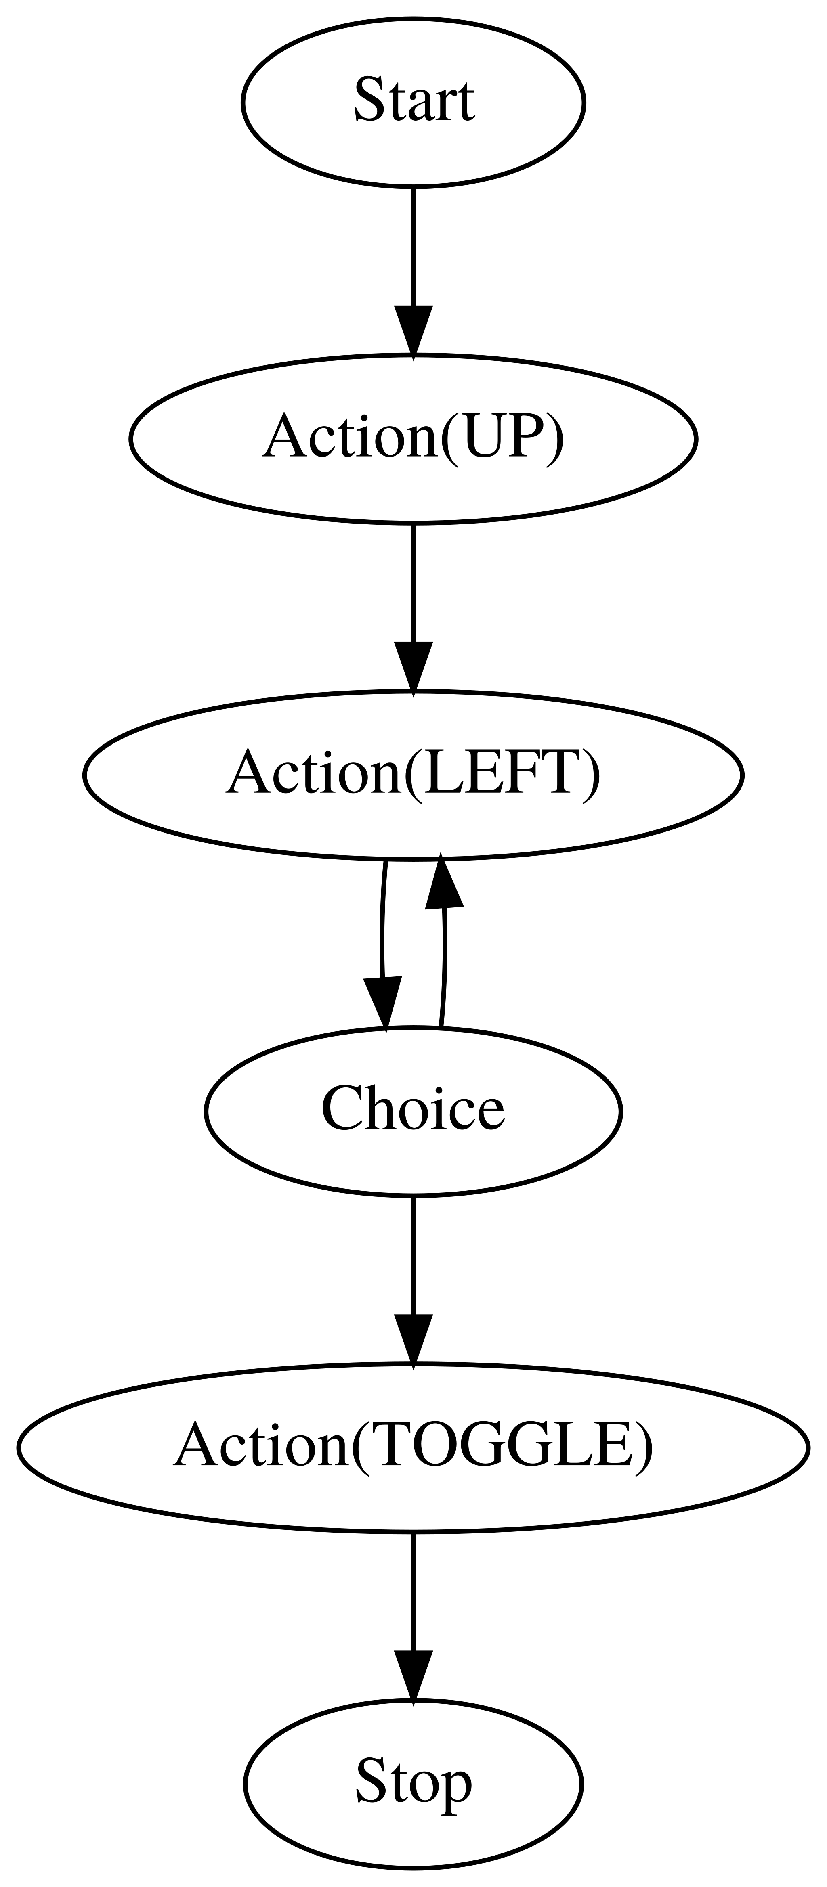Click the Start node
[x=413, y=103]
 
